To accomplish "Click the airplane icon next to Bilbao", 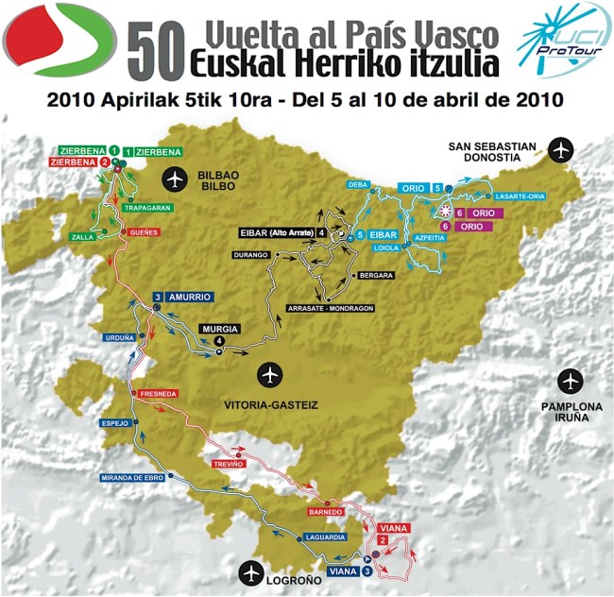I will [174, 177].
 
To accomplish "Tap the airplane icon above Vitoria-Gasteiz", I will [272, 375].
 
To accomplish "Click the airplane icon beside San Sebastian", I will [562, 150].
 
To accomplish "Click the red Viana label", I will [392, 529].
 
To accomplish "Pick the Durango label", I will [253, 255].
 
